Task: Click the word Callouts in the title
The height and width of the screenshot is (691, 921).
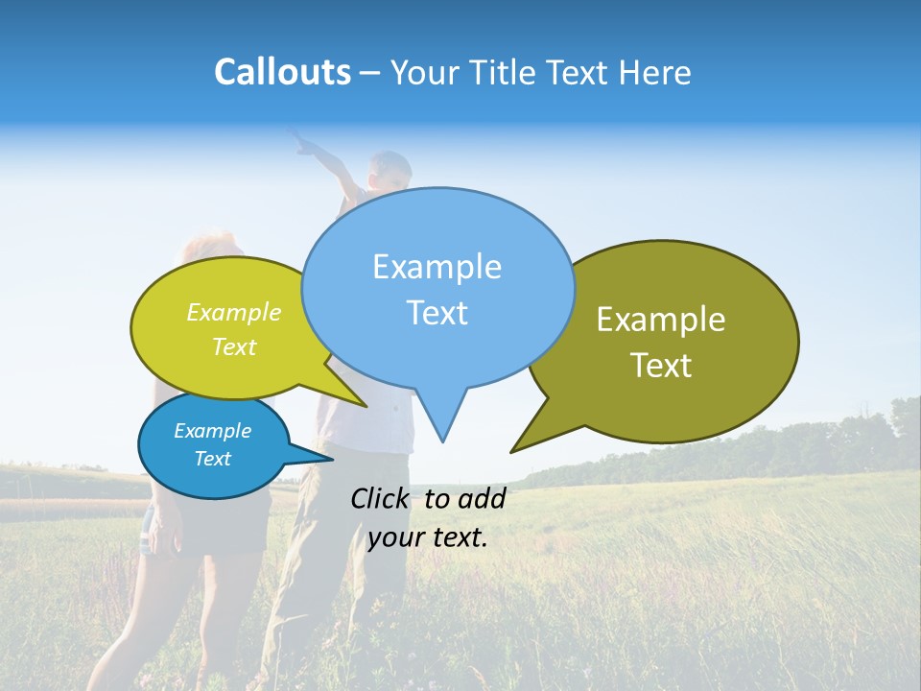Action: [282, 73]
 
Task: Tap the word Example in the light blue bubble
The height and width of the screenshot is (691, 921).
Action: [437, 267]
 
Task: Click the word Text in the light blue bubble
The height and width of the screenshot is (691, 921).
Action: [437, 313]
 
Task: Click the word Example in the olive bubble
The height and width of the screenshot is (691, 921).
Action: [661, 320]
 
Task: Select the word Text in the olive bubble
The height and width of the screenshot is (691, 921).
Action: [661, 366]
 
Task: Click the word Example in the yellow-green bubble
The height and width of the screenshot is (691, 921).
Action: [234, 313]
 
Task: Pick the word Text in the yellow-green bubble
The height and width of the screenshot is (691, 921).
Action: [234, 347]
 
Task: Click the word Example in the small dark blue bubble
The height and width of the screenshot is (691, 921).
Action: [212, 431]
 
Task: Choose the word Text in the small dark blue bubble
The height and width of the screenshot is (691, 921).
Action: [212, 459]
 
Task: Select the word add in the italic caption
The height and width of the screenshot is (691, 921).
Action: [482, 498]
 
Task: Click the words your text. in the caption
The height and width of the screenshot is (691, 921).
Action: [428, 537]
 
